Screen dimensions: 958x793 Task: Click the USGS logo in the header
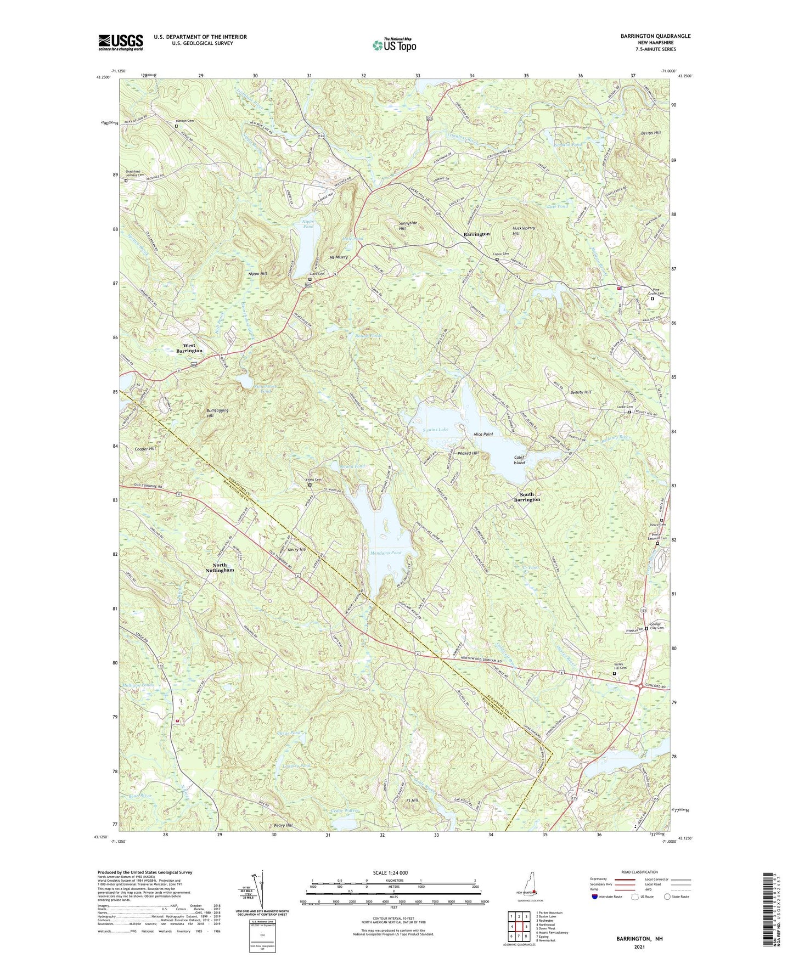coord(120,42)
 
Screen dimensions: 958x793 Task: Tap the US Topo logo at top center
coord(393,45)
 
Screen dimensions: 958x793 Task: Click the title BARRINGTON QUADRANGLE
coord(648,36)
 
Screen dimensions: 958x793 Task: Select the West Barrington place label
coord(189,348)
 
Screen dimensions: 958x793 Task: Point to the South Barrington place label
coord(526,497)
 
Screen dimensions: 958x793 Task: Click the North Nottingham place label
coord(220,567)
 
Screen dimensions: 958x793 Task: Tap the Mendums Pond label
coord(385,553)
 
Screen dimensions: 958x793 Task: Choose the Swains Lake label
coord(436,430)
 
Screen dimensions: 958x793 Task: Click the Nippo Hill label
coord(257,273)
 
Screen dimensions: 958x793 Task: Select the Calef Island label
coord(519,460)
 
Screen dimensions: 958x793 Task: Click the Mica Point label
coord(483,434)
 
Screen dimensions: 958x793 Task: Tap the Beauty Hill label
coord(580,392)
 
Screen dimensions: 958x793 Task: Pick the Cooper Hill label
coord(145,449)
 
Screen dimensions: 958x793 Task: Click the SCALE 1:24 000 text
coord(393,872)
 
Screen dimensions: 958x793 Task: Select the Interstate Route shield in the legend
coord(595,897)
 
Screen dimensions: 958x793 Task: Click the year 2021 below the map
coord(639,946)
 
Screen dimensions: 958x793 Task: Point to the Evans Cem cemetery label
coord(313,480)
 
